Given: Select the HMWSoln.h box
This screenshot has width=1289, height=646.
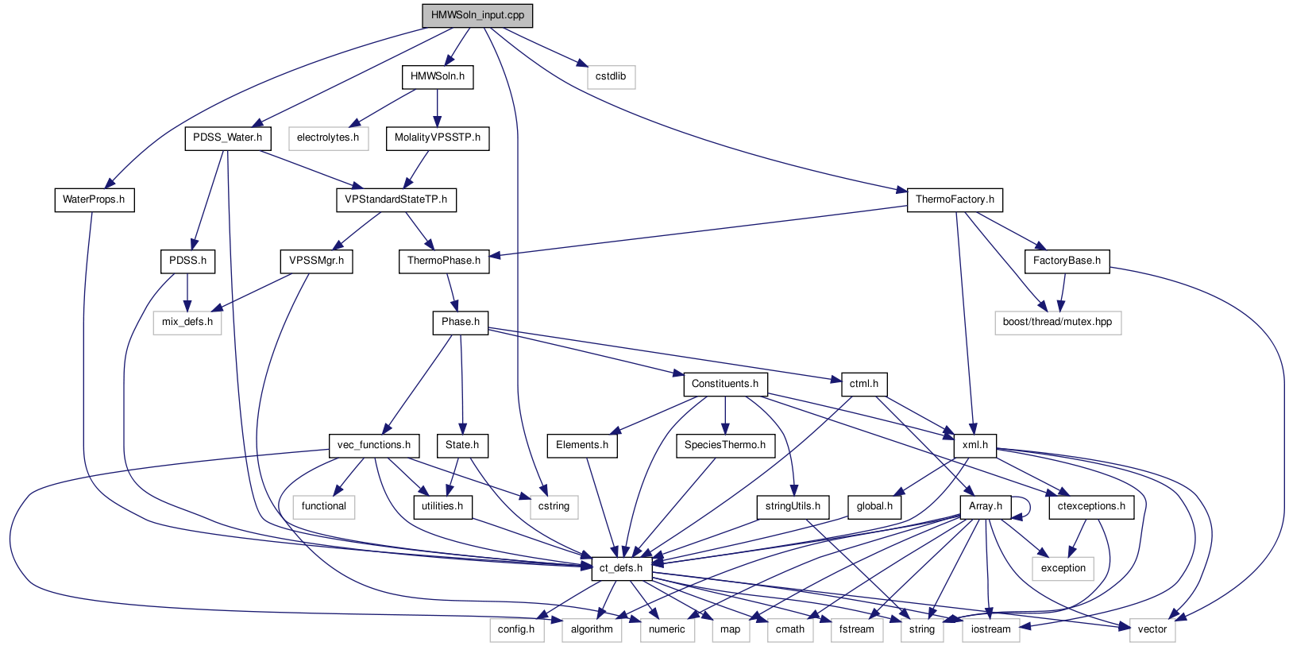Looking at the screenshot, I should click(437, 76).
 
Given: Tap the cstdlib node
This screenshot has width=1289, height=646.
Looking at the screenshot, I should click(611, 76).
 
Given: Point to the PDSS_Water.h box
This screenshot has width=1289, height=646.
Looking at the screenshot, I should click(227, 137).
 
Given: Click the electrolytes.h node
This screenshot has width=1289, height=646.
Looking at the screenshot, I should click(327, 137).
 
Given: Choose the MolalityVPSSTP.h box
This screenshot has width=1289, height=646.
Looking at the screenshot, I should click(437, 137).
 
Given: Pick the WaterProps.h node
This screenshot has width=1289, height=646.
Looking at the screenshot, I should click(94, 199).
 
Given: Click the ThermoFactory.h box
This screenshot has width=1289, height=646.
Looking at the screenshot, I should click(955, 199).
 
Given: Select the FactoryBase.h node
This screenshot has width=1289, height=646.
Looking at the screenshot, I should click(1067, 261).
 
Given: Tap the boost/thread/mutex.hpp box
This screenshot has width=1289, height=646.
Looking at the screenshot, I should click(1057, 322).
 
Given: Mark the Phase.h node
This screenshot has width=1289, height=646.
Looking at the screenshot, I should click(461, 322).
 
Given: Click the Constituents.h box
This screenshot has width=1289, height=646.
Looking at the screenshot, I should click(724, 384).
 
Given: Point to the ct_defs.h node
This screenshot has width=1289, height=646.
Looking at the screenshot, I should click(621, 568).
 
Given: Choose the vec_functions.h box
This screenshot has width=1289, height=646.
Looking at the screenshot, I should click(374, 445).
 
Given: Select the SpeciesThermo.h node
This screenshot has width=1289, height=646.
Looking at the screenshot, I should click(724, 445).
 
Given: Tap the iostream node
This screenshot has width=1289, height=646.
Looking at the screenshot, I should click(990, 629).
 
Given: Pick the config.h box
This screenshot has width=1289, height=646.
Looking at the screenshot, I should click(516, 629).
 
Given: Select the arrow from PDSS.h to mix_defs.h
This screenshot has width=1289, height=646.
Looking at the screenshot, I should click(187, 292).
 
